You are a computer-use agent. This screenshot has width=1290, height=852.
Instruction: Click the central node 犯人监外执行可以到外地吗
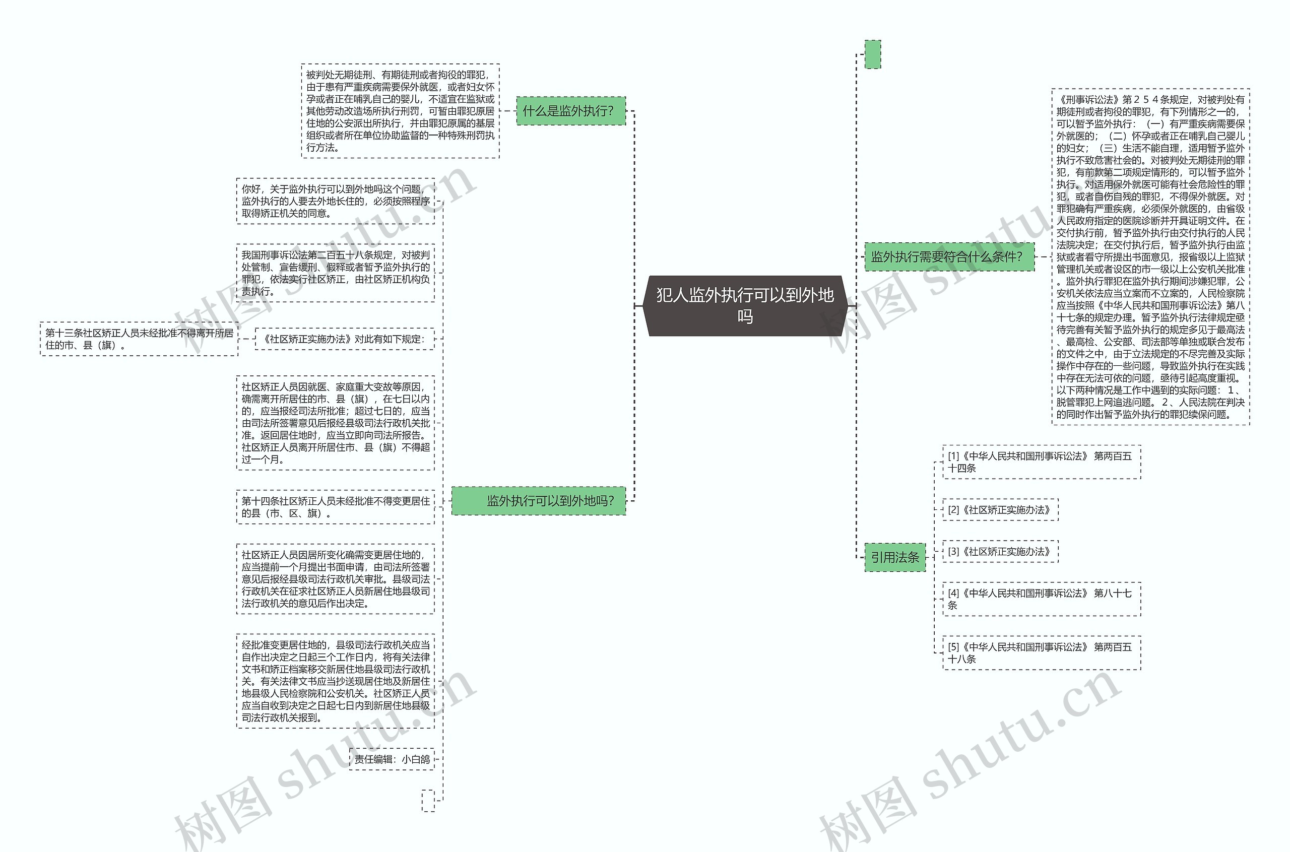click(744, 305)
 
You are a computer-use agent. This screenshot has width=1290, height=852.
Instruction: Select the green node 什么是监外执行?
click(570, 111)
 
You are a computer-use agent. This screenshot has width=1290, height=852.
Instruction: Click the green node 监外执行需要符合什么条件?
click(949, 256)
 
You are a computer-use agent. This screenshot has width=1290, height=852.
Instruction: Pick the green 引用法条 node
click(894, 557)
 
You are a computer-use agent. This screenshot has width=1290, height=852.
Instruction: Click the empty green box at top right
click(872, 54)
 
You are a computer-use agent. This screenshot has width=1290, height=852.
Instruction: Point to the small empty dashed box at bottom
click(428, 801)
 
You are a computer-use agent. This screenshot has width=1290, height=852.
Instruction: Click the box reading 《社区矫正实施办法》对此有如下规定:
click(345, 339)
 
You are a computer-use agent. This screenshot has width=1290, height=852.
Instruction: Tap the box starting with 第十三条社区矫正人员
click(139, 339)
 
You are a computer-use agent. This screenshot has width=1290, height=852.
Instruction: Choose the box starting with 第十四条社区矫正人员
click(335, 507)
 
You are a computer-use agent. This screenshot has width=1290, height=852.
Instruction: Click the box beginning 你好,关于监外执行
click(335, 201)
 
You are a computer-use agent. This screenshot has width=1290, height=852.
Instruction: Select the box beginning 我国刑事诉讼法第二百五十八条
click(335, 273)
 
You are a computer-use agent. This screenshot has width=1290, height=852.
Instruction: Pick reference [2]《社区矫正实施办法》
click(1000, 510)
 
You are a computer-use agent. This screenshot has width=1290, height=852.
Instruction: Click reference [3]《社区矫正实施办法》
click(1000, 552)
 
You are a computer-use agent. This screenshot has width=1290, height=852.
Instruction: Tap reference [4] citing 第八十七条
click(1041, 599)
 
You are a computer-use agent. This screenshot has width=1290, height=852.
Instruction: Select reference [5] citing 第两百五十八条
click(1041, 652)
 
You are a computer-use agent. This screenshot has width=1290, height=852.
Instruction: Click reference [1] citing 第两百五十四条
click(1041, 462)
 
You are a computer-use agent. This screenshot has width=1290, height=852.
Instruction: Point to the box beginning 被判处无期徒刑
click(400, 111)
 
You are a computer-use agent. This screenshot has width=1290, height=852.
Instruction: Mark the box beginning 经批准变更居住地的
click(335, 681)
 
